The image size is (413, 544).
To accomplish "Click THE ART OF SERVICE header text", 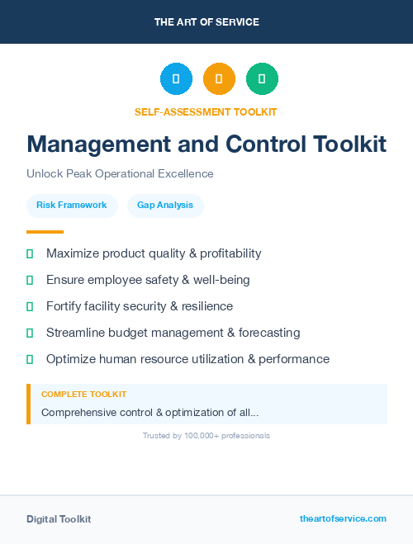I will pos(206,22).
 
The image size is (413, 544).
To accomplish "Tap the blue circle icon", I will pos(176,79).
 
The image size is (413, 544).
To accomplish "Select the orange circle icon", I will pos(219,79).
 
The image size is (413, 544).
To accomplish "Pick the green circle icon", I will pos(262,79).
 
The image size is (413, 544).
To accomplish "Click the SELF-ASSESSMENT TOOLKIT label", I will pos(206,111).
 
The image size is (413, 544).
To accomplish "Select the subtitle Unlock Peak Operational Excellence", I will pos(120,174).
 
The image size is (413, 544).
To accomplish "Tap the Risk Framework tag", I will pos(72,205).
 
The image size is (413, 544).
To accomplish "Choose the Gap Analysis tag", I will pos(165,205).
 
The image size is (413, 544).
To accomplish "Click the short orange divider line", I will pos(45,232).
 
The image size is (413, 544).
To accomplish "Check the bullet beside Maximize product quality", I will pos(30,253).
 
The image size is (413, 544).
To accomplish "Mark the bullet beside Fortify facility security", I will pos(30,306).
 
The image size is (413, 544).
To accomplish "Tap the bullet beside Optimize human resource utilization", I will pos(30,359).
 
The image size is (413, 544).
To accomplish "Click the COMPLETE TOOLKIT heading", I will pos(83,395).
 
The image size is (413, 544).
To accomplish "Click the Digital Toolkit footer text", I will pos(59,519).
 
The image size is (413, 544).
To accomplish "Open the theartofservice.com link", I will pos(343,518).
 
